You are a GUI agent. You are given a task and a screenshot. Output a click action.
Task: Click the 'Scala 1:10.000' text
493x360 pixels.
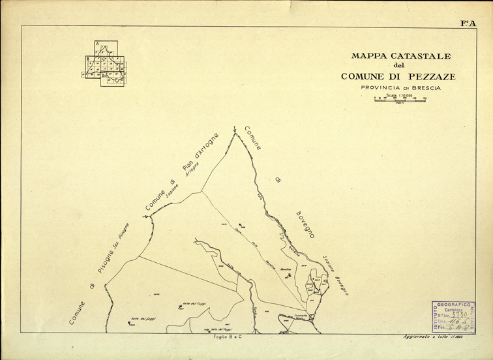point(399,95)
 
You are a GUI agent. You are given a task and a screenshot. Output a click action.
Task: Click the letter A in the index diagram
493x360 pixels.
point(97,44)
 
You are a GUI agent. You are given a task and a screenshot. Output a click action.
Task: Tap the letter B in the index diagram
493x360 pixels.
point(87,59)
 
